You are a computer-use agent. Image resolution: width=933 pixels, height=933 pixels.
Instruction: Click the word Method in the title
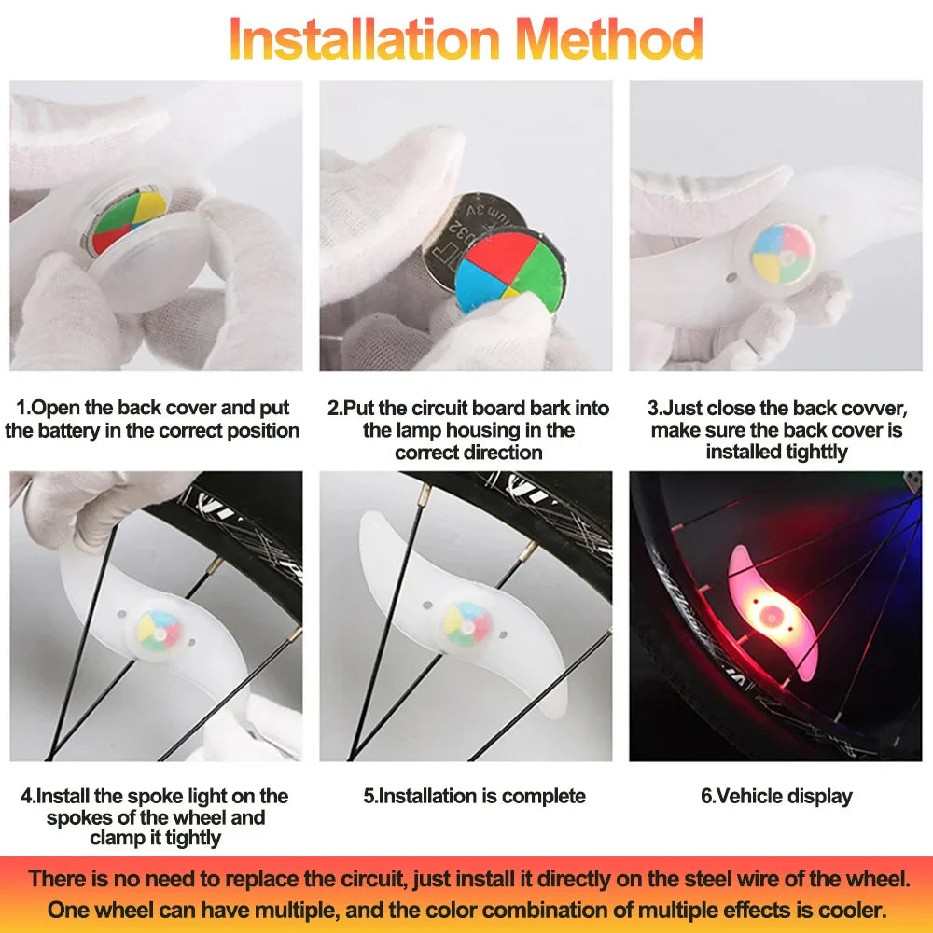(610, 39)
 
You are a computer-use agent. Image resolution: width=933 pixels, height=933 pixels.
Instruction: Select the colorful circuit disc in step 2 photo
(509, 271)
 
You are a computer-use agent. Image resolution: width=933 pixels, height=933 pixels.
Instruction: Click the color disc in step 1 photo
(130, 222)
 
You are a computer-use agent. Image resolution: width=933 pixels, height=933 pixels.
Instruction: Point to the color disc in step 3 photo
(782, 253)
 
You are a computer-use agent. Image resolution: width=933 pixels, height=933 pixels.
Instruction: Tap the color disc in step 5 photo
(466, 623)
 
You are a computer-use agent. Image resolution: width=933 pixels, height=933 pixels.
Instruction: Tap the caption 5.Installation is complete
(474, 796)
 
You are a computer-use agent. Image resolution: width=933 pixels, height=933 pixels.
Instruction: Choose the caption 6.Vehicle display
(776, 796)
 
